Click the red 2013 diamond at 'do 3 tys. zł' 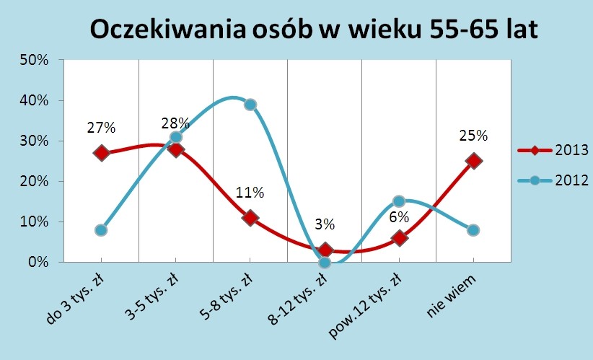tap(101, 153)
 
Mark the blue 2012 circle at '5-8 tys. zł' tap(250, 105)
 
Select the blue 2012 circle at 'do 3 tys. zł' tap(101, 230)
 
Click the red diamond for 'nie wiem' tap(473, 161)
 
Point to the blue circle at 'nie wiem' tap(473, 230)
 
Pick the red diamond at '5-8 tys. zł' tap(250, 218)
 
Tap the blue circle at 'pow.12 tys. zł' tap(399, 201)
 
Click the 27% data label tap(101, 128)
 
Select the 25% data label tap(473, 136)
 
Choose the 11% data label tap(250, 193)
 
